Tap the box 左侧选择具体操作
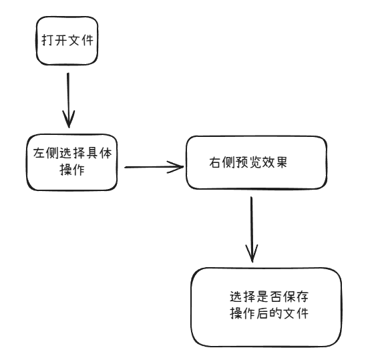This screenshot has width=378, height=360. point(71,162)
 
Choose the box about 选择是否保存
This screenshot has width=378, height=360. point(266,307)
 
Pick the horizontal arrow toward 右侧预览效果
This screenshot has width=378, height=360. point(154,166)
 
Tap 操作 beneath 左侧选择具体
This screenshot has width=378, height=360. point(71,170)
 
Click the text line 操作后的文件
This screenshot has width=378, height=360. point(268,314)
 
